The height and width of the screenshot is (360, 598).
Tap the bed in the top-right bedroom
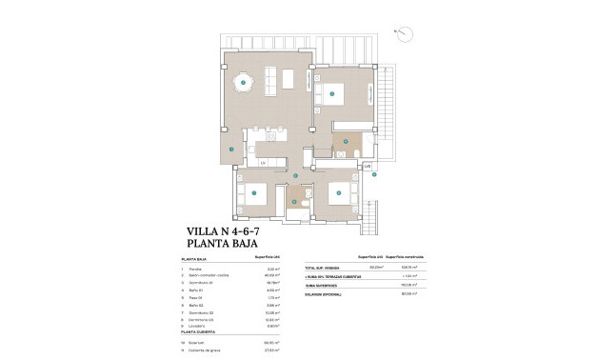point(333,93)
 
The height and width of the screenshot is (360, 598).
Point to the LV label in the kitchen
point(263,163)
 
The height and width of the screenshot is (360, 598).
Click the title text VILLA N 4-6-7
point(229,231)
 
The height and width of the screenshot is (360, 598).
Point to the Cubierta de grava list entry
point(203,350)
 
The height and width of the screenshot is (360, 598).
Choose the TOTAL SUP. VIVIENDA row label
point(324,269)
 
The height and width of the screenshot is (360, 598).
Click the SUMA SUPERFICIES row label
point(321,283)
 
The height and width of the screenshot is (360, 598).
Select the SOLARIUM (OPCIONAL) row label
point(325,294)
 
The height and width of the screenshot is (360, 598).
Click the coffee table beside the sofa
point(271,77)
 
